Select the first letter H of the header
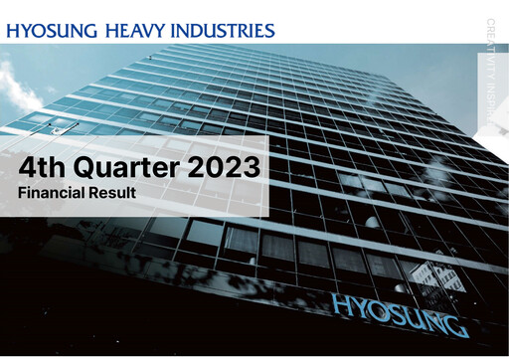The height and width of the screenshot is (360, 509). tap(12, 30)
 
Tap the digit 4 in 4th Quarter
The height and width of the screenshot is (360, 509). tap(29, 165)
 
